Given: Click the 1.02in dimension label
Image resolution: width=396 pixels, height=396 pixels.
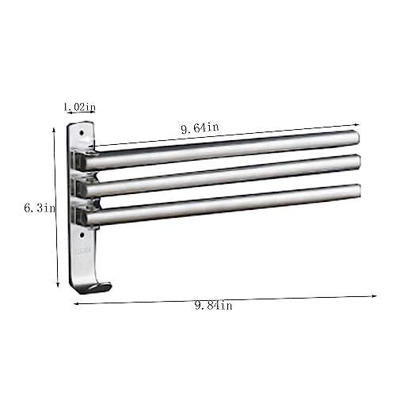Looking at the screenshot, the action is pyautogui.click(x=80, y=107).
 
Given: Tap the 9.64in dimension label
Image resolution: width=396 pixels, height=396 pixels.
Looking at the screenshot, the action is pyautogui.click(x=200, y=128).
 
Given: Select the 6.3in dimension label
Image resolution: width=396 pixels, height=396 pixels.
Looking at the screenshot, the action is pyautogui.click(x=40, y=208).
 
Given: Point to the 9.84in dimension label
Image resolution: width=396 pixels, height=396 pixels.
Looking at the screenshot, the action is pyautogui.click(x=213, y=306).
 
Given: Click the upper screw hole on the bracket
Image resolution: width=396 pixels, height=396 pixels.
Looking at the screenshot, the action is pyautogui.click(x=82, y=133).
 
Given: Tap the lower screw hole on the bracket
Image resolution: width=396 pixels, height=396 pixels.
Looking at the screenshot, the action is pyautogui.click(x=82, y=234).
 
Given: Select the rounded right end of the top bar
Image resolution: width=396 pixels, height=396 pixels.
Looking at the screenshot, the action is pyautogui.click(x=355, y=137).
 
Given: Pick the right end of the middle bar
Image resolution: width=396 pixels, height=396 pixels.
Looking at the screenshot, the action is pyautogui.click(x=356, y=162).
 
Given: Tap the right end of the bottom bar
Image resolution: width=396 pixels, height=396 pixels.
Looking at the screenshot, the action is pyautogui.click(x=356, y=191).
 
